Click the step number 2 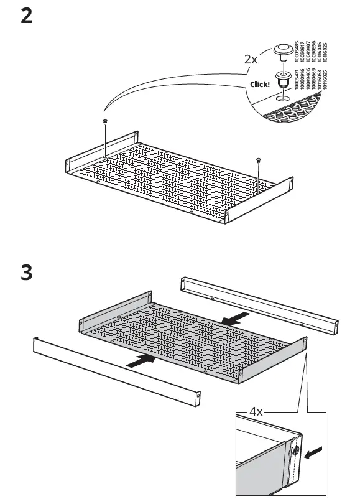pyautogui.click(x=27, y=16)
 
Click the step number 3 pyautogui.click(x=27, y=273)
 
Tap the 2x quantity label pyautogui.click(x=251, y=60)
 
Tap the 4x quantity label pyautogui.click(x=257, y=411)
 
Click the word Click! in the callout pyautogui.click(x=259, y=84)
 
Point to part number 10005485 pyautogui.click(x=297, y=51)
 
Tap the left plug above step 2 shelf pyautogui.click(x=104, y=122)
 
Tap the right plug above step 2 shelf pyautogui.click(x=257, y=162)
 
